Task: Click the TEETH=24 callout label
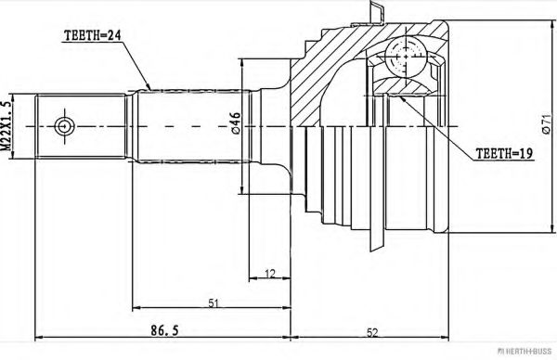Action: [x=92, y=35]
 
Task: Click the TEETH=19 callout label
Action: [x=504, y=153]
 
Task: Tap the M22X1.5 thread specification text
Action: [x=6, y=125]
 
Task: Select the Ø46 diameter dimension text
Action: [x=236, y=122]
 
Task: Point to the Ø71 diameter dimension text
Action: [x=547, y=124]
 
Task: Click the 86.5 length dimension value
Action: [x=164, y=330]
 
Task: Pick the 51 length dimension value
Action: [x=213, y=303]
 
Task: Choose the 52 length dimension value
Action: [x=372, y=333]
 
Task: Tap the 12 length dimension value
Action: [x=270, y=274]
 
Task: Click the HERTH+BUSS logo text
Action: [x=525, y=352]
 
